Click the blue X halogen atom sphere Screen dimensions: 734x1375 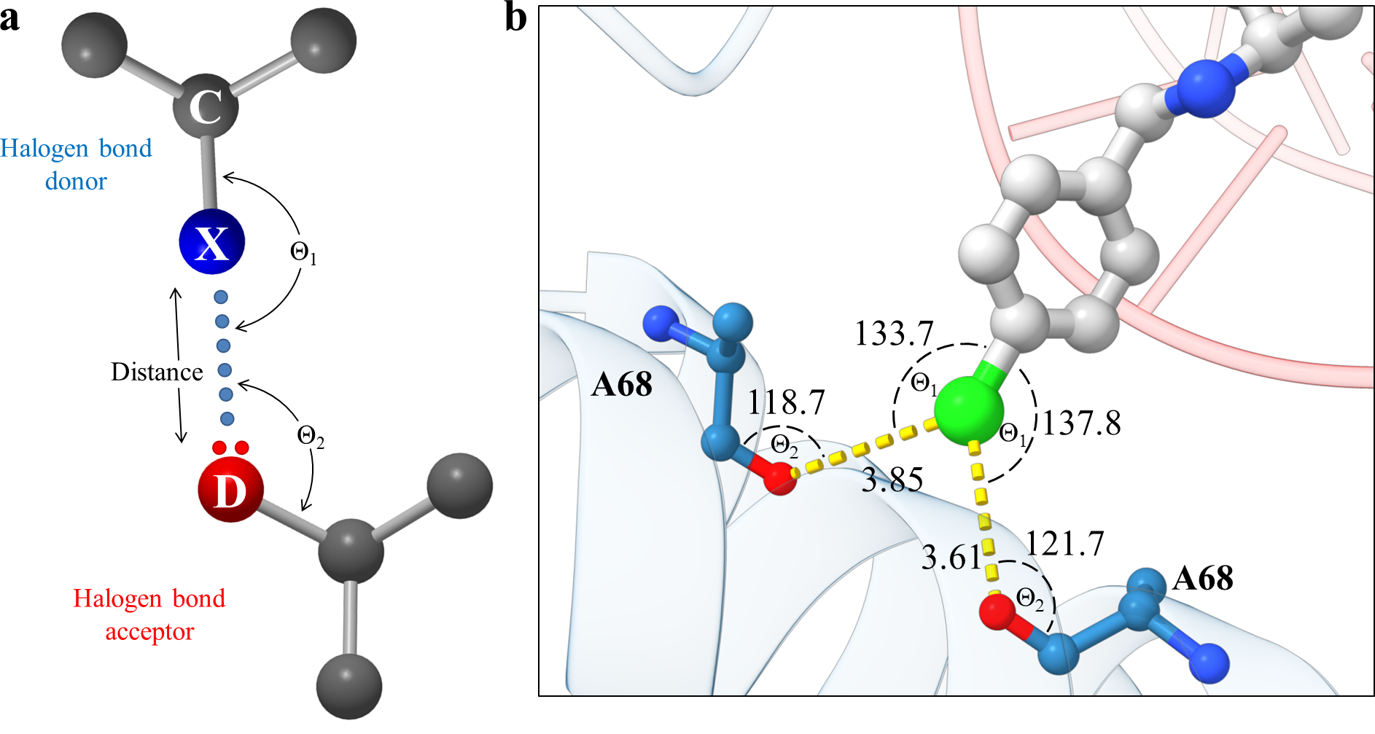211,242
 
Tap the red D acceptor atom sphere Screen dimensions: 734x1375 230,490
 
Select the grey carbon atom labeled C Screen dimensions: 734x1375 206,107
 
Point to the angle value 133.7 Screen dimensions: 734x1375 894,334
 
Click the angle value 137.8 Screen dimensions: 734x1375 1081,423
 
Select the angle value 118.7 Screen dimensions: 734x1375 786,402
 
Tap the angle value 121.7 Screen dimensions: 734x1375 1065,544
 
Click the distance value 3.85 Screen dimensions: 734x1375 892,480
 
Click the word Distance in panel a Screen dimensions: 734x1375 157,372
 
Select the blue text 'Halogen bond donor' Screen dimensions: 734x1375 76,165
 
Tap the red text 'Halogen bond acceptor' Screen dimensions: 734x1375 149,614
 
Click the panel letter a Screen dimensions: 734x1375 10,19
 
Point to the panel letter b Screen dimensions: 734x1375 515,17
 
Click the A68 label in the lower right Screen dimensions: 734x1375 1203,579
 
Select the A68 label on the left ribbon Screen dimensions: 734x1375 621,384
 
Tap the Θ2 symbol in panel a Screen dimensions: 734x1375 311,437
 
